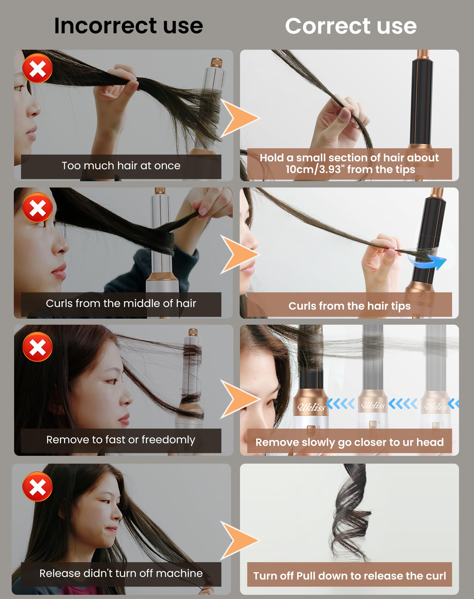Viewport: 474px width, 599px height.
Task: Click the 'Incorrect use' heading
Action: click(128, 26)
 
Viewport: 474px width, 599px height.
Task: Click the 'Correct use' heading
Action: click(351, 26)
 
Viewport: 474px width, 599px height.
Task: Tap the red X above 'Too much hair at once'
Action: click(37, 68)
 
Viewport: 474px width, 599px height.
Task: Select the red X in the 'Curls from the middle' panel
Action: click(37, 207)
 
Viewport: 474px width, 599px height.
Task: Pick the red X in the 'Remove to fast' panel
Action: click(37, 347)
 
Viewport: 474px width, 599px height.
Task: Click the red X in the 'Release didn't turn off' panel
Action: click(37, 486)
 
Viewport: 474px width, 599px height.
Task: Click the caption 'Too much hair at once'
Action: click(121, 166)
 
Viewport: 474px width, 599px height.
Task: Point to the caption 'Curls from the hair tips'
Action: click(349, 306)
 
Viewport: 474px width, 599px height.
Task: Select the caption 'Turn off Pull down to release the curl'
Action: click(349, 576)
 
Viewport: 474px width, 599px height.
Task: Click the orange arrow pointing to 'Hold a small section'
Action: click(239, 118)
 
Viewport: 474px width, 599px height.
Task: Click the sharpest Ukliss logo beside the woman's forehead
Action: click(311, 407)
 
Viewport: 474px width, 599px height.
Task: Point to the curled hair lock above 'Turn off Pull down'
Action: click(349, 512)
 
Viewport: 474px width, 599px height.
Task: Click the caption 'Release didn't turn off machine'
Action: click(121, 573)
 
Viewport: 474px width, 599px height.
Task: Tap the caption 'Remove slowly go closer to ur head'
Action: click(349, 442)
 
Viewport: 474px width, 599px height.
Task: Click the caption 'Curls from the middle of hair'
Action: click(121, 303)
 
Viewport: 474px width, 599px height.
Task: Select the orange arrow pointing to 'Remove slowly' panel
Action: click(239, 399)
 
